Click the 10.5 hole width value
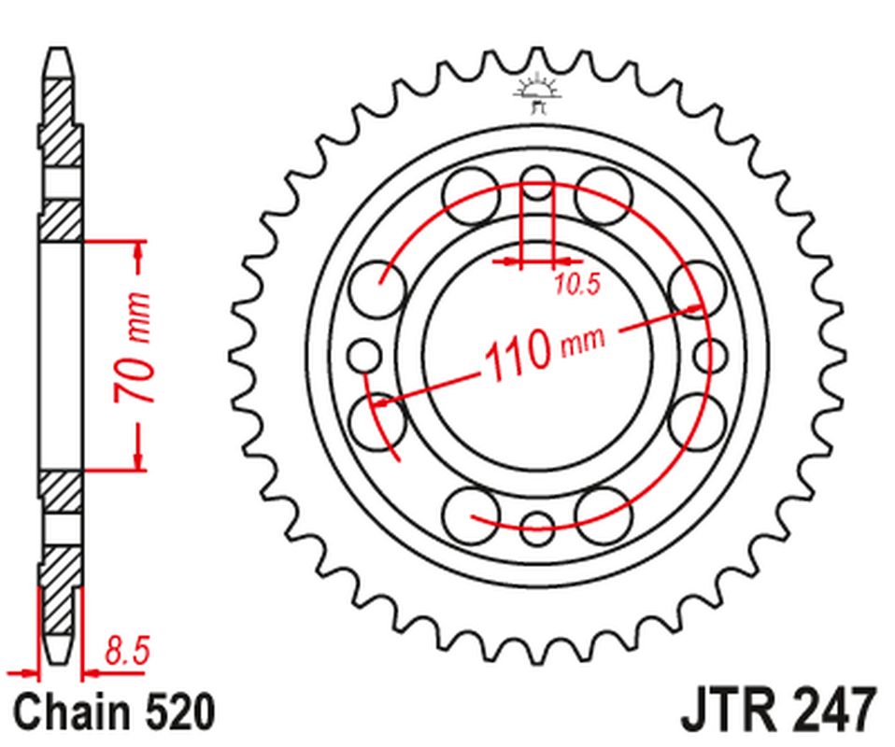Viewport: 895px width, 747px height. pyautogui.click(x=575, y=287)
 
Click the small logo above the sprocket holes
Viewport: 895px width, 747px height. pyautogui.click(x=536, y=93)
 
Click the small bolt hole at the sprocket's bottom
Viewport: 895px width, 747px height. pyautogui.click(x=537, y=525)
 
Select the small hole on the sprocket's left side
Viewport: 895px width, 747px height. pyautogui.click(x=363, y=355)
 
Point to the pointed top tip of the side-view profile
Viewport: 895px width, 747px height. pyautogui.click(x=58, y=52)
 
